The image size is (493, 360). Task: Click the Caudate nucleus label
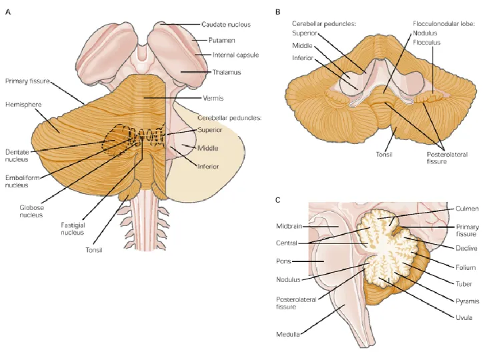(226, 25)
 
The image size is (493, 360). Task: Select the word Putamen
(221, 40)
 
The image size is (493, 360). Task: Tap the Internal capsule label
(235, 55)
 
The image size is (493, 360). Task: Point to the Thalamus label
(227, 72)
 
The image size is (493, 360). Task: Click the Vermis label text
(213, 98)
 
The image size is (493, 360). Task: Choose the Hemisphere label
(23, 104)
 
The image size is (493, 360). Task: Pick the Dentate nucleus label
(17, 156)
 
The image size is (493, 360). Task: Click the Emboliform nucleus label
(22, 181)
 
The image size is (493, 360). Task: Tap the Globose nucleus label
(31, 211)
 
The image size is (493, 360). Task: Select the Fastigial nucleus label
(73, 229)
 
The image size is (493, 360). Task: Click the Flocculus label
(427, 43)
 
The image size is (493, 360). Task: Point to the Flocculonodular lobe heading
(444, 24)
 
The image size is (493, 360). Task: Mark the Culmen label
(467, 209)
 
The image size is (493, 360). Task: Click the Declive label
(466, 249)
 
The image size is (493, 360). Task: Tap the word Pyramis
(467, 301)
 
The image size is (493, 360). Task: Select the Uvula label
(464, 317)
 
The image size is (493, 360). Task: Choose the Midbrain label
(289, 226)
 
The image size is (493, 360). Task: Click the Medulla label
(288, 335)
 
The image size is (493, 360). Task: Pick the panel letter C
(278, 200)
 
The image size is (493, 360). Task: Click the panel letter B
(278, 12)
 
